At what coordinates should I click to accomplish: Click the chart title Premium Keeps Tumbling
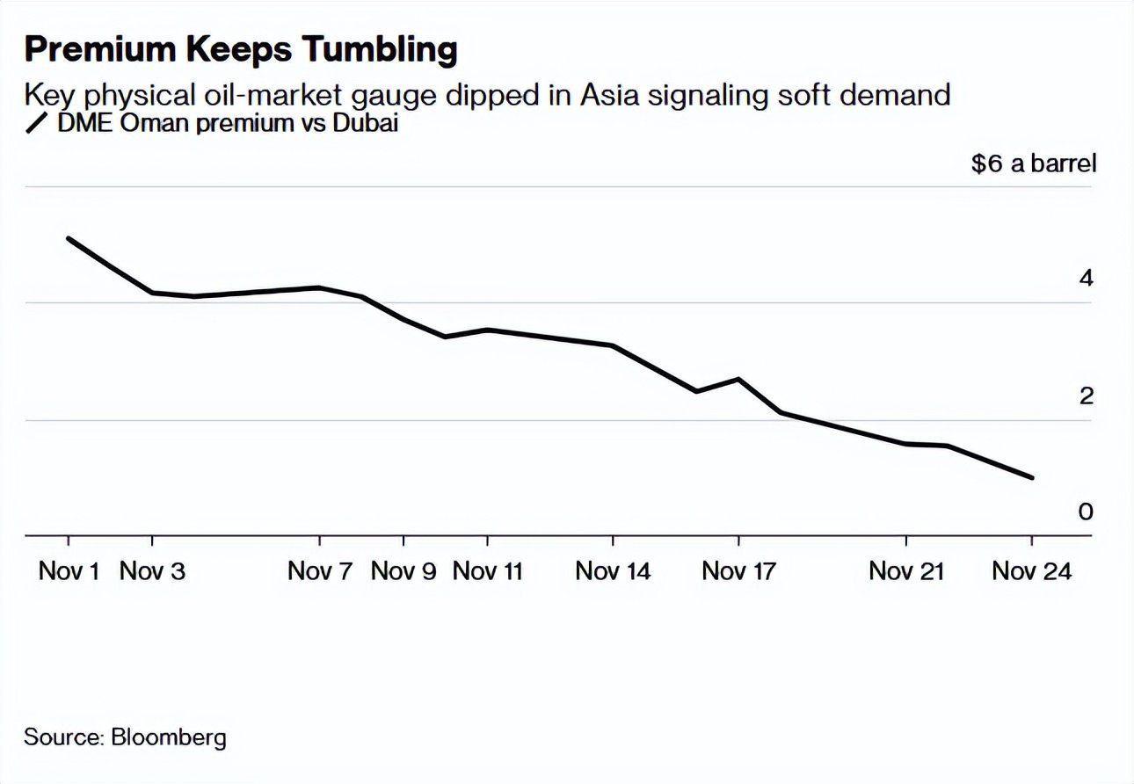click(x=241, y=49)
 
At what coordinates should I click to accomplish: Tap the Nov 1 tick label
click(x=69, y=571)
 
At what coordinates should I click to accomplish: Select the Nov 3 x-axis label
click(x=153, y=571)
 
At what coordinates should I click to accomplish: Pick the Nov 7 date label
click(x=320, y=571)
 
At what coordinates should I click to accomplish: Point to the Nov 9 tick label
click(x=403, y=571)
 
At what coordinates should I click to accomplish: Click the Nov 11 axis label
click(x=487, y=571)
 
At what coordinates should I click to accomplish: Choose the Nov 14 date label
click(x=613, y=571)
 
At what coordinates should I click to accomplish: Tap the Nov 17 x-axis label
click(x=739, y=571)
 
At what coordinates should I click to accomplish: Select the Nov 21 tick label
click(x=906, y=571)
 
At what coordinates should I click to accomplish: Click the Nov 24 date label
click(x=1032, y=571)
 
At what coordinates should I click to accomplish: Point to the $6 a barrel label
click(x=1034, y=163)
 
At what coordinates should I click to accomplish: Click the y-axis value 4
click(x=1086, y=279)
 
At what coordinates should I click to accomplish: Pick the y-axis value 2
click(x=1086, y=396)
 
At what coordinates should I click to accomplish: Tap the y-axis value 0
click(x=1086, y=512)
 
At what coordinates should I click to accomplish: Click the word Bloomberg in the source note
click(x=169, y=737)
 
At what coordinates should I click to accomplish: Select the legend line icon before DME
click(x=38, y=124)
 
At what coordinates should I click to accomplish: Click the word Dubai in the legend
click(x=365, y=124)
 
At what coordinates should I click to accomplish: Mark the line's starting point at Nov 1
click(x=69, y=238)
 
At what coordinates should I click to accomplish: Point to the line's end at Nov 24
click(x=1032, y=478)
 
